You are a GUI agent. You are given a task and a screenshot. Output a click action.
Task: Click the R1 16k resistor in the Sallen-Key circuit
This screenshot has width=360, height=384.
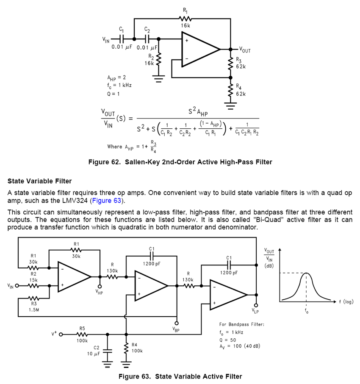[185, 19]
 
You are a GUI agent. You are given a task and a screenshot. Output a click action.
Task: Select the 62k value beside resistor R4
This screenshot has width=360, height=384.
[241, 94]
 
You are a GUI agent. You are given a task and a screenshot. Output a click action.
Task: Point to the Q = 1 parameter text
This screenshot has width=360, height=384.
[114, 94]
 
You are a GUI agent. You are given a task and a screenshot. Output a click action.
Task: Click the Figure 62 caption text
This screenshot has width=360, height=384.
[180, 162]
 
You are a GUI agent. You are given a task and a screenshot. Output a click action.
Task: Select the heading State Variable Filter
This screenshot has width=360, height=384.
[39, 181]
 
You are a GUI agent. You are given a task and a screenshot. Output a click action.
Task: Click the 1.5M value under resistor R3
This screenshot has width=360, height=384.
[34, 309]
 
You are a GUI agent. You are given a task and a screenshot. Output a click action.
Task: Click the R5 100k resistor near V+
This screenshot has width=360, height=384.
[82, 334]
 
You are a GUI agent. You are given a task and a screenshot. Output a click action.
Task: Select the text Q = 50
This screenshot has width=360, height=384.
[228, 340]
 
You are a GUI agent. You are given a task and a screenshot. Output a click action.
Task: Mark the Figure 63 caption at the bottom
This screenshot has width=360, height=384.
[180, 376]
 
